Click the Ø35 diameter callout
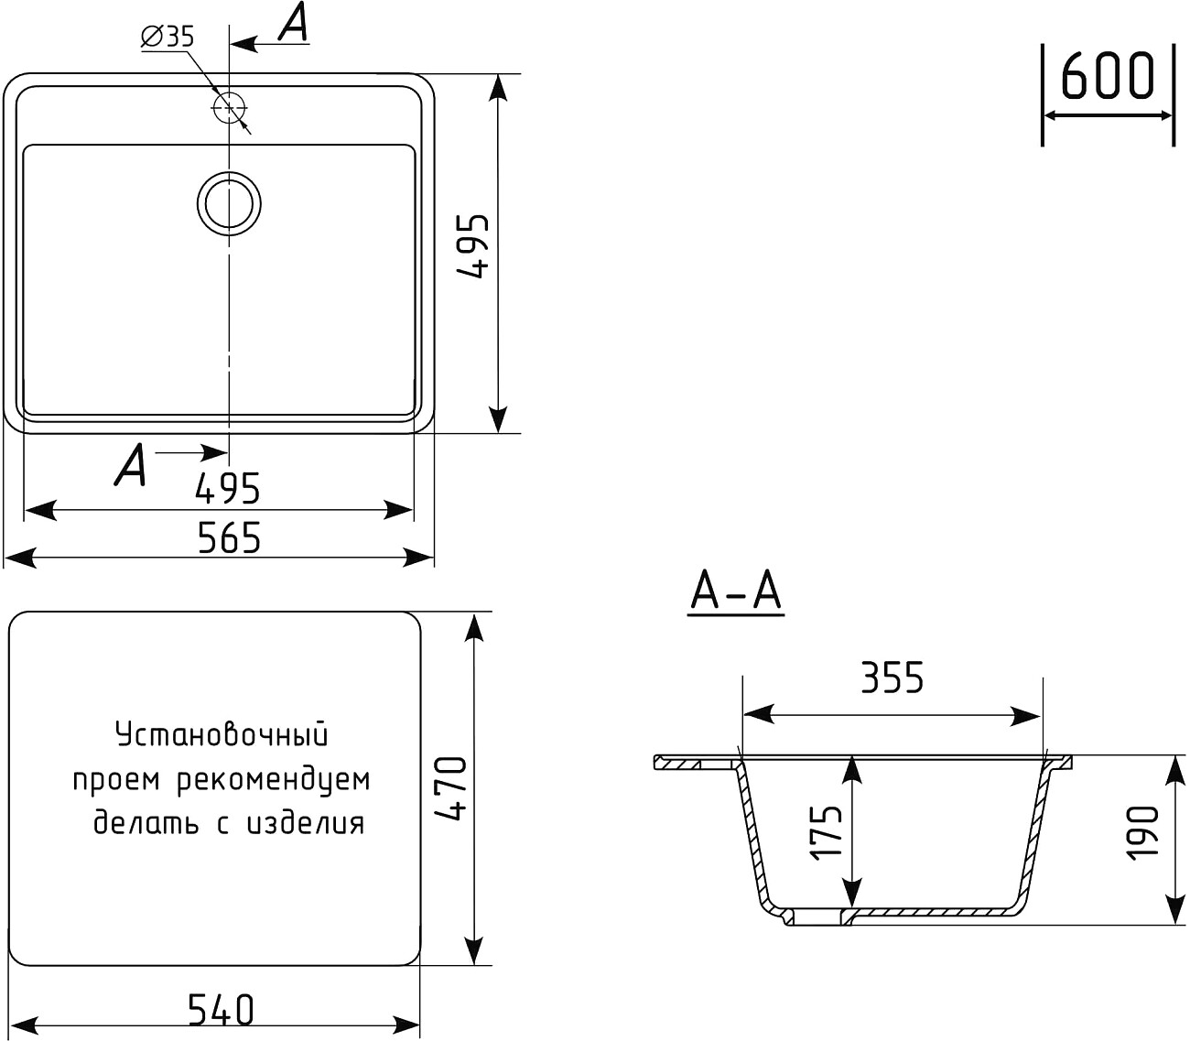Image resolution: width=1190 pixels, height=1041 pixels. click(168, 37)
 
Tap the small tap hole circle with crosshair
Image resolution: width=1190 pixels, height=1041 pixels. click(229, 108)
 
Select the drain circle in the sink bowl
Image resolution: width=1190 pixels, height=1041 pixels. click(229, 202)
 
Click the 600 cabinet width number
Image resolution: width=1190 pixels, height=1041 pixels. click(1107, 76)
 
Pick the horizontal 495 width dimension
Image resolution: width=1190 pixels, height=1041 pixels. click(228, 490)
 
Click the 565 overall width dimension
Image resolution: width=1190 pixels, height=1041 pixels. click(229, 538)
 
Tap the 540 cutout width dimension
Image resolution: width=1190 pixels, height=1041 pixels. click(221, 1010)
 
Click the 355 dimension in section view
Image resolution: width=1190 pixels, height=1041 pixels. click(892, 678)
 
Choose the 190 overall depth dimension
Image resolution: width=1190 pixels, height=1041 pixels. click(1144, 832)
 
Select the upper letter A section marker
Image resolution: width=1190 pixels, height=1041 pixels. click(293, 24)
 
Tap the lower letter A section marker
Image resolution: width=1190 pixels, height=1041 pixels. click(130, 465)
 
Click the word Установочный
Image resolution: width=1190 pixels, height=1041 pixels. click(222, 734)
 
